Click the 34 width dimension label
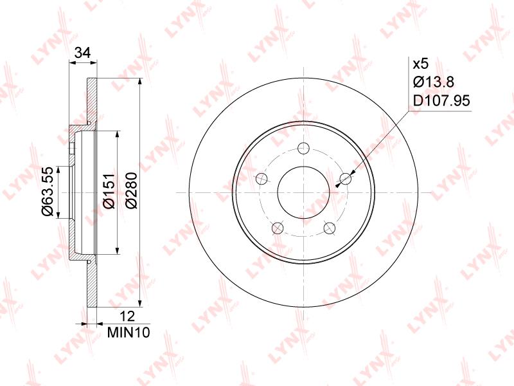pos(83,53)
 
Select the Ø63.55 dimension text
pos(47,192)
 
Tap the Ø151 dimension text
pos(109,190)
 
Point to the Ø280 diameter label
pos(132,190)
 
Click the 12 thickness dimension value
pos(127,317)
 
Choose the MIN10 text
pos(128,333)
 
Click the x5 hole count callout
pos(421,64)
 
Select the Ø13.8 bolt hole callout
pos(433,82)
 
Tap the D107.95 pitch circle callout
pos(441,100)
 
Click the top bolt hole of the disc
pos(304,148)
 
